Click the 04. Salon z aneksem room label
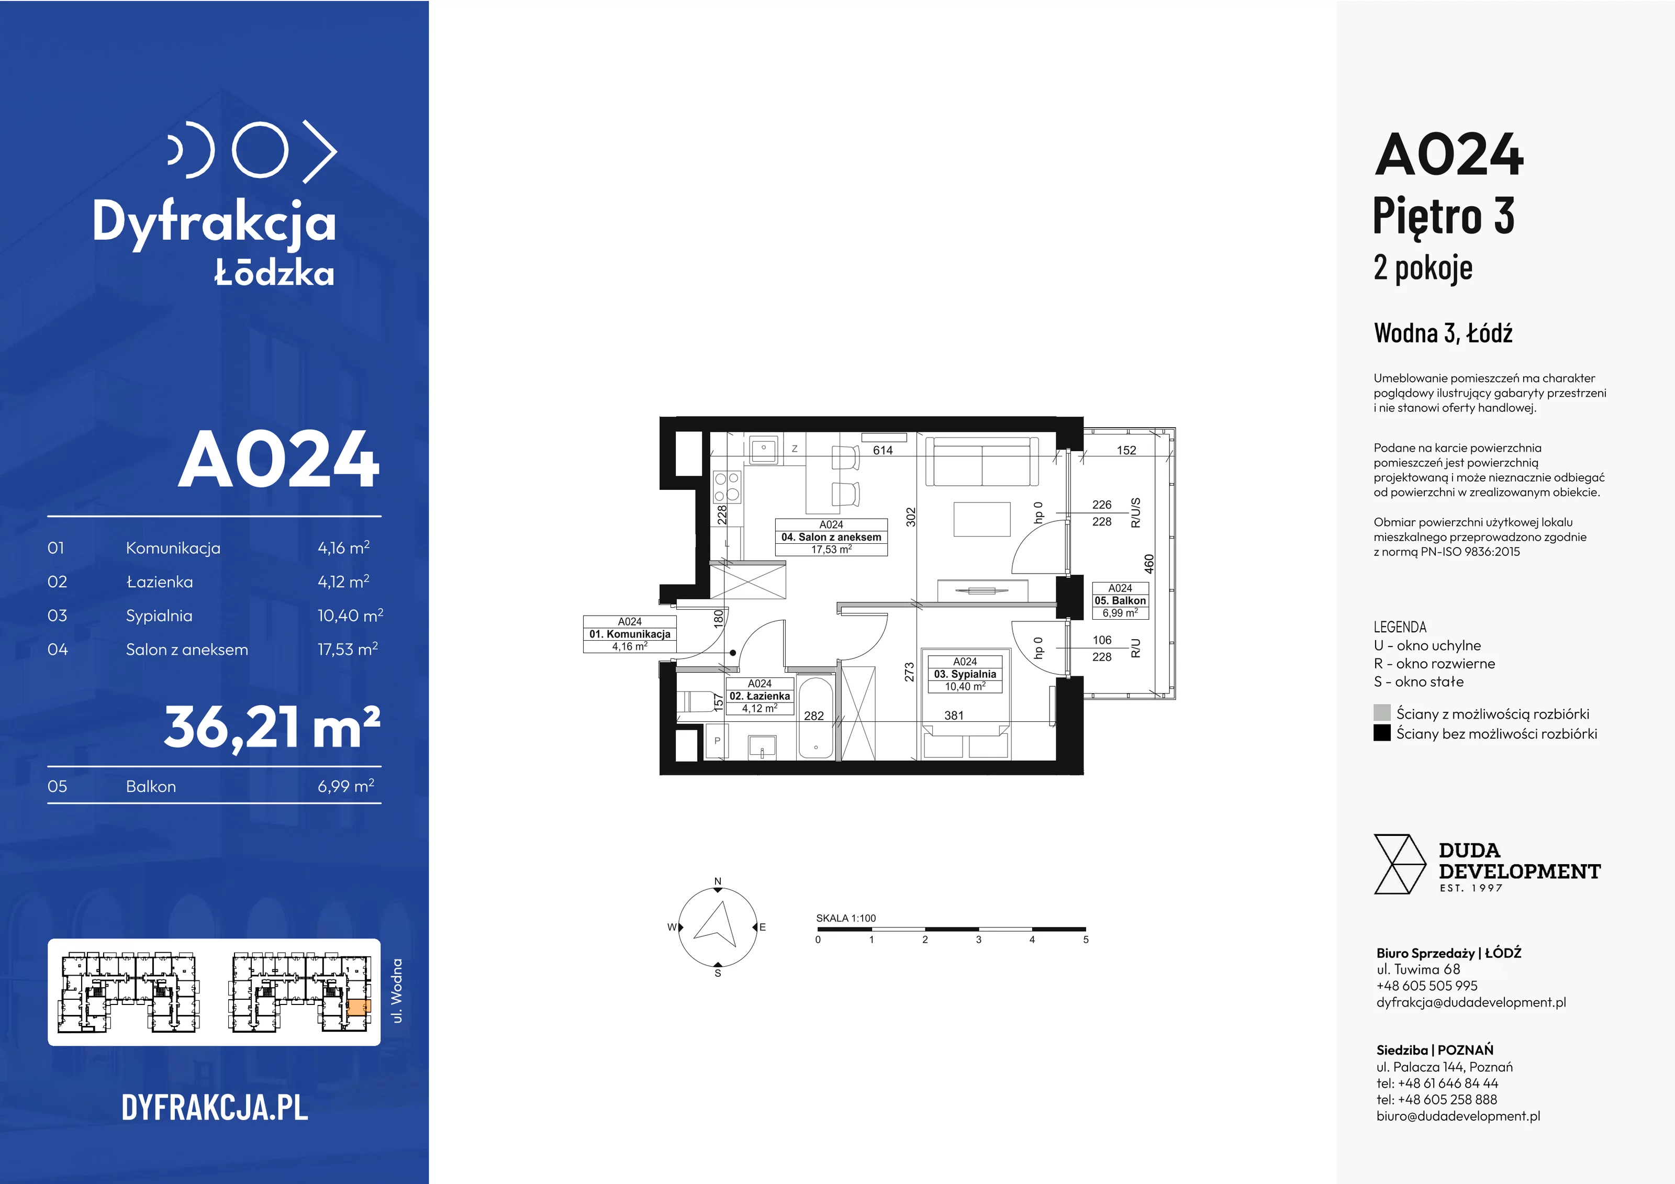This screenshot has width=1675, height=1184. [x=831, y=537]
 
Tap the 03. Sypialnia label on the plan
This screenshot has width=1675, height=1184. [x=965, y=674]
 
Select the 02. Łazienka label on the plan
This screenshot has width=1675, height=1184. [x=760, y=696]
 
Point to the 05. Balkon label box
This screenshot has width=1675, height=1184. [x=1120, y=600]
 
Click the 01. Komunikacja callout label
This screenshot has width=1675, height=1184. [x=630, y=634]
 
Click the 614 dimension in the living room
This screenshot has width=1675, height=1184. [x=883, y=450]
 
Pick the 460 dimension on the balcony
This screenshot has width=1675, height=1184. [x=1149, y=564]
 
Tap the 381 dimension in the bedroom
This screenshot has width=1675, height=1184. [x=954, y=716]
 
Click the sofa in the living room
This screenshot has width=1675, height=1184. [x=982, y=461]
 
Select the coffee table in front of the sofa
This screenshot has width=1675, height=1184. [x=982, y=519]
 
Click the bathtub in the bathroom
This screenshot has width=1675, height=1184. [x=816, y=717]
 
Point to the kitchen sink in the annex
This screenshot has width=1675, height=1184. [x=763, y=448]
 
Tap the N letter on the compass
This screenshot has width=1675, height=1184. [x=718, y=881]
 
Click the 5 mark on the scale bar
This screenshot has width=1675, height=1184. [x=1086, y=940]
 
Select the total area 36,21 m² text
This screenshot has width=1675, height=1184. [x=272, y=727]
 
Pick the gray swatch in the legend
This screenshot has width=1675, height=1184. [x=1382, y=713]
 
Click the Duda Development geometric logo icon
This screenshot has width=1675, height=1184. [x=1399, y=865]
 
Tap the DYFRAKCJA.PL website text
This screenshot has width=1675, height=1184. [x=215, y=1108]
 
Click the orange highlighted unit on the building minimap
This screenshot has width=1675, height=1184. [x=358, y=1008]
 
